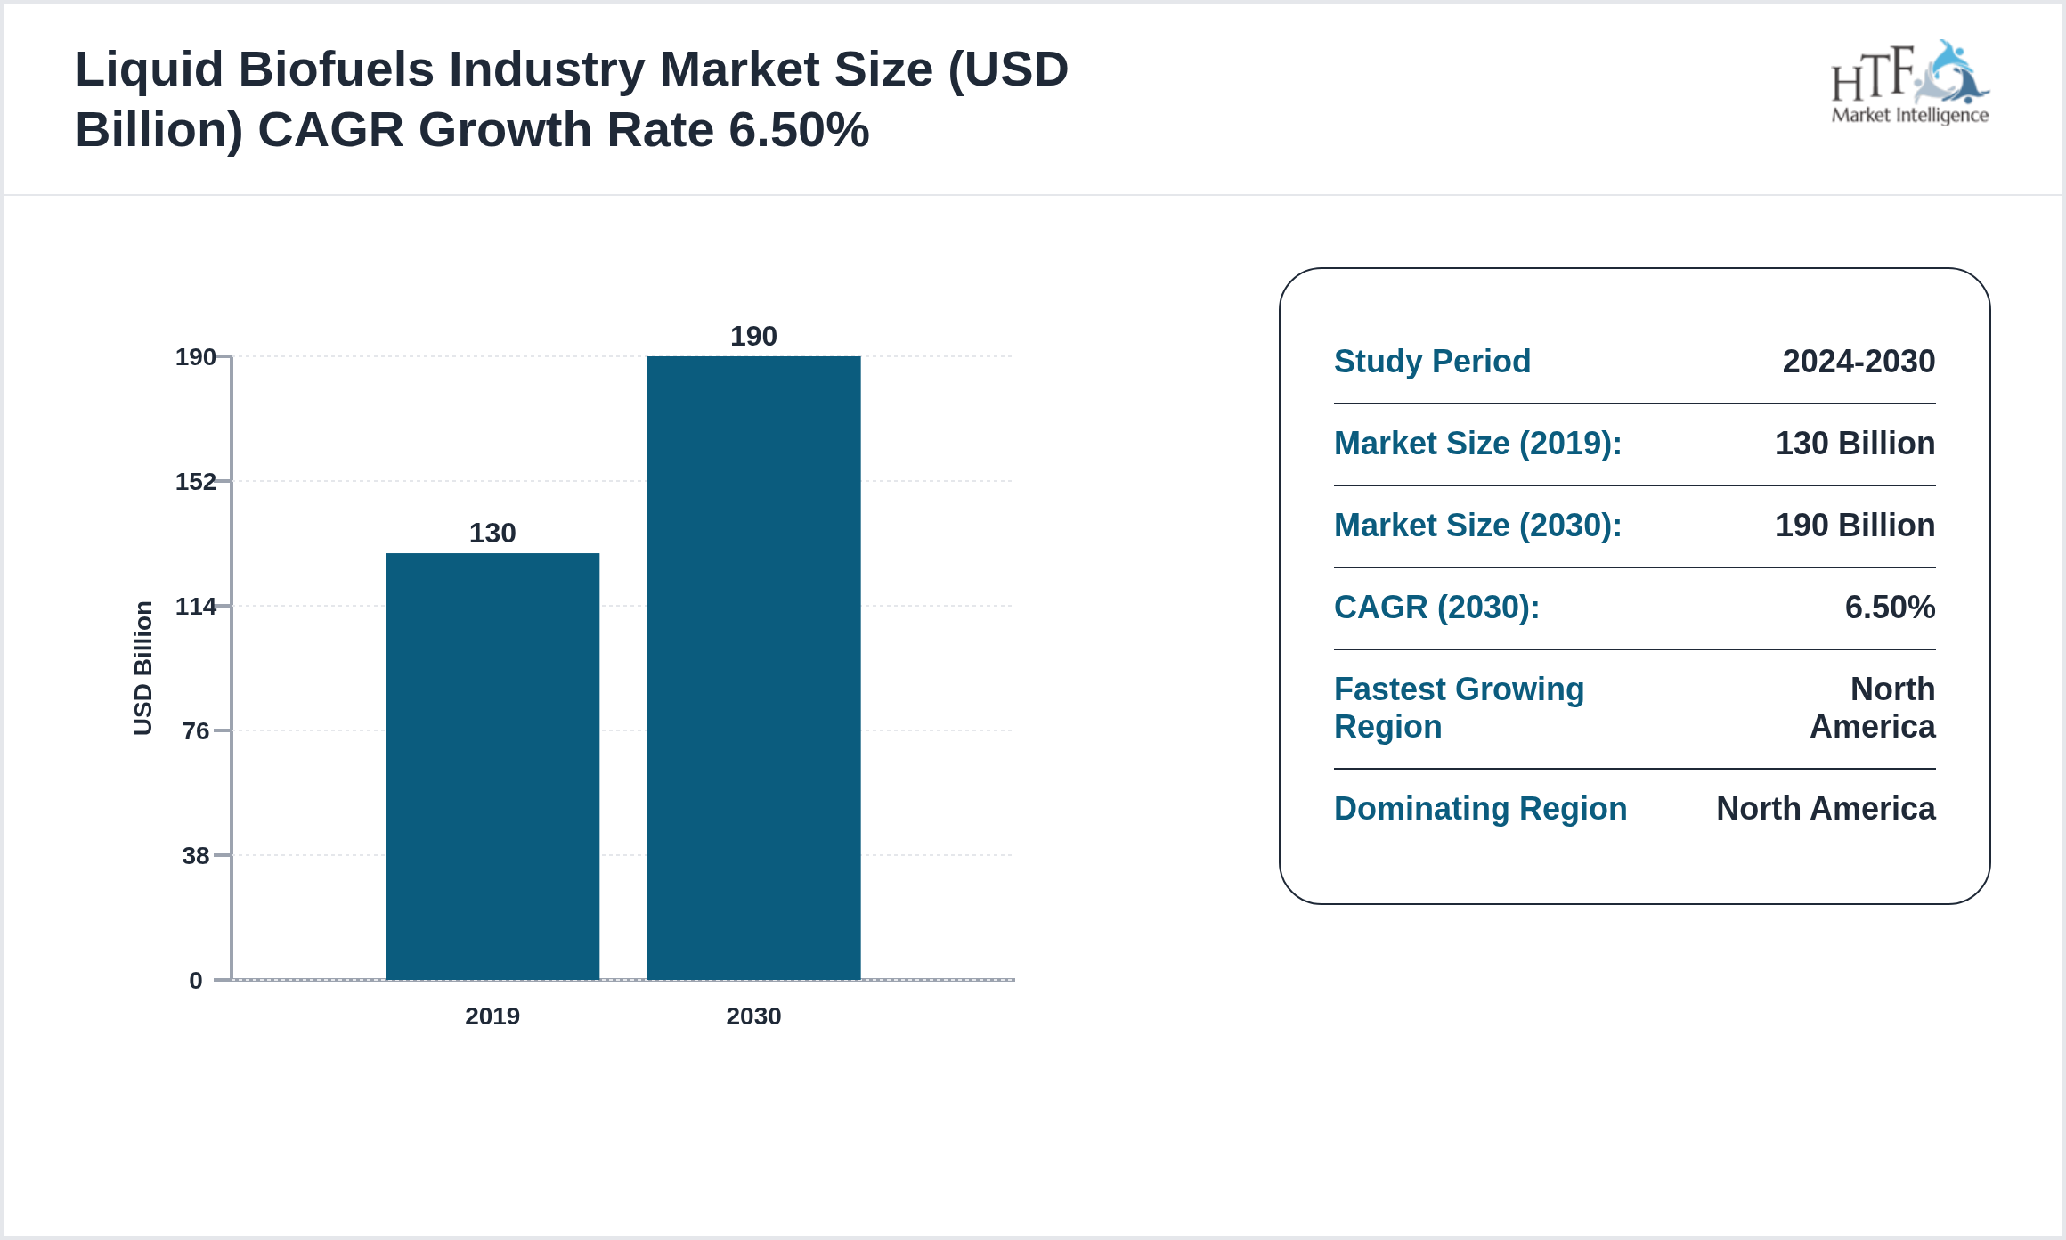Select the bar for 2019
(492, 766)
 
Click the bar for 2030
(753, 668)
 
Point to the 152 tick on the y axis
(196, 482)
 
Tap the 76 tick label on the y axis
(196, 731)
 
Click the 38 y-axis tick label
(196, 856)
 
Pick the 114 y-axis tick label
(196, 607)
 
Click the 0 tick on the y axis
(196, 981)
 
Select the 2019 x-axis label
(492, 1016)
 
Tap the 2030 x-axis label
(753, 1016)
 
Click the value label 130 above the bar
(492, 533)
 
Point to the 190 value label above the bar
(753, 336)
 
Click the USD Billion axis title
(143, 668)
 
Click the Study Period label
(1432, 362)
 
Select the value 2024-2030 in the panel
(1859, 362)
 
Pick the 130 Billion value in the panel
(1855, 444)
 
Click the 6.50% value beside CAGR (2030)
(1890, 608)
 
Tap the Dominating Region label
(1480, 809)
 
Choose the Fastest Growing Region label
(1459, 708)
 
